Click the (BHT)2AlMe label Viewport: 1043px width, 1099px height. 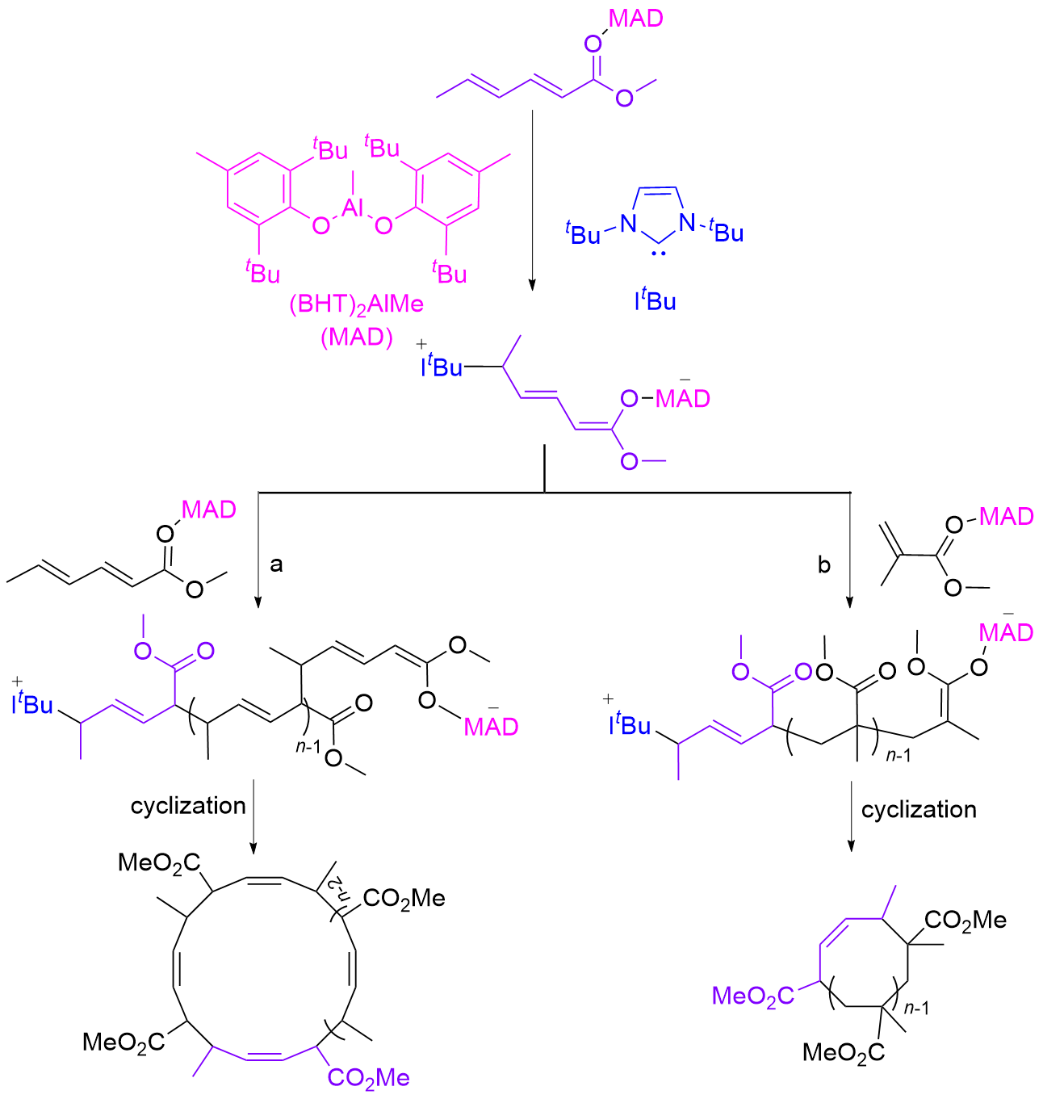pyautogui.click(x=356, y=306)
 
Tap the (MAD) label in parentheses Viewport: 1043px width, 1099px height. pyautogui.click(x=356, y=337)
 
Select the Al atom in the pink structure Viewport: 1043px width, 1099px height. pyautogui.click(x=353, y=208)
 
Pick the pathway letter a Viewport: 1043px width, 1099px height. pyautogui.click(x=276, y=564)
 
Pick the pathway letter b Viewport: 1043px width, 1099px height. pyautogui.click(x=823, y=565)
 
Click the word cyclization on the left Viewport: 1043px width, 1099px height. pyautogui.click(x=188, y=806)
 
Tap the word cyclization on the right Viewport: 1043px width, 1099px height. pyautogui.click(x=919, y=810)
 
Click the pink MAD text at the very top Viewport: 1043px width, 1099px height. pyautogui.click(x=636, y=19)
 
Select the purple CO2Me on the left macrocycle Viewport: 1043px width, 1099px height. pyautogui.click(x=369, y=1077)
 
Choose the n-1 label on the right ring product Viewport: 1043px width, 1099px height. pyautogui.click(x=916, y=1008)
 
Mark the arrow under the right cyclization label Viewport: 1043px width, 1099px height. pyautogui.click(x=850, y=816)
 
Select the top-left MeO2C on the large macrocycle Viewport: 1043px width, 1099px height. pyautogui.click(x=159, y=862)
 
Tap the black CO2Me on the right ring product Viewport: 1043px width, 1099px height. pyautogui.click(x=966, y=920)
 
